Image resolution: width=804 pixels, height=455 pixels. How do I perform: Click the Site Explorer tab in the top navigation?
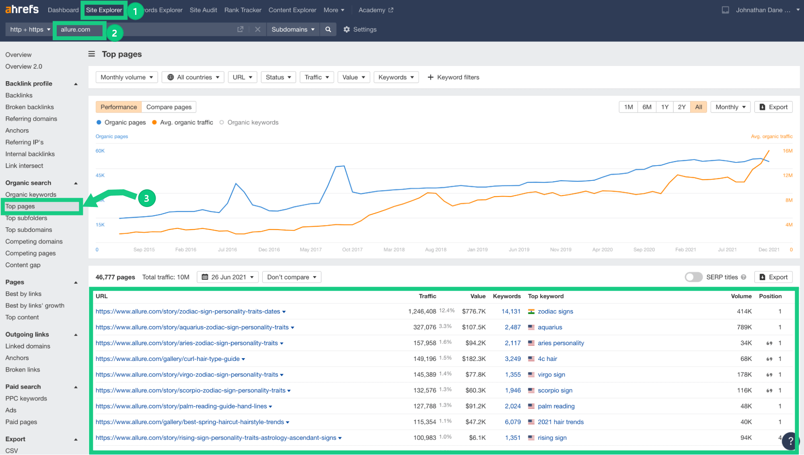(104, 10)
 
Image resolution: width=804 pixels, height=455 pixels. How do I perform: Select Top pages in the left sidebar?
(20, 206)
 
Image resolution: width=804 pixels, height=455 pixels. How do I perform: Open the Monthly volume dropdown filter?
(127, 77)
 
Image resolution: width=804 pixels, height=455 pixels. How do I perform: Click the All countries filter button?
(193, 77)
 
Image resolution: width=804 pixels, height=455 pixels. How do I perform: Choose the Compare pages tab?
(169, 107)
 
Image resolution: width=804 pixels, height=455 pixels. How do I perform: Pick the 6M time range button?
(647, 107)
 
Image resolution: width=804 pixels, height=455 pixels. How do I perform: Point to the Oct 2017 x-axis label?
(352, 250)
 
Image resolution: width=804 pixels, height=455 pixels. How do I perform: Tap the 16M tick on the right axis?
(788, 151)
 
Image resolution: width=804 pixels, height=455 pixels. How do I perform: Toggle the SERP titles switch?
(693, 277)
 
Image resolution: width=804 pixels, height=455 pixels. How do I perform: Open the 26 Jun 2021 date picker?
(228, 277)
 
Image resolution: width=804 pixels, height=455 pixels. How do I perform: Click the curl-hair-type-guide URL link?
(168, 359)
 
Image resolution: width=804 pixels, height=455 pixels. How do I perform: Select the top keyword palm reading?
(556, 406)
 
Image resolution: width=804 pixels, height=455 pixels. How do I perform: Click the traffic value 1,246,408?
(422, 312)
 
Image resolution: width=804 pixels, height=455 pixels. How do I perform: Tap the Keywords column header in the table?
(507, 296)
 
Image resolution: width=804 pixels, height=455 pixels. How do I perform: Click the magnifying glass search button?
(328, 29)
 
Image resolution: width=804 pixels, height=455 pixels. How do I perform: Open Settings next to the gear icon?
(365, 29)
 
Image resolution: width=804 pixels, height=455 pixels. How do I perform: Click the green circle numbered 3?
(147, 198)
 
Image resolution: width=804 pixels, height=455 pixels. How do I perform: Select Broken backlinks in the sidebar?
(29, 107)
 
